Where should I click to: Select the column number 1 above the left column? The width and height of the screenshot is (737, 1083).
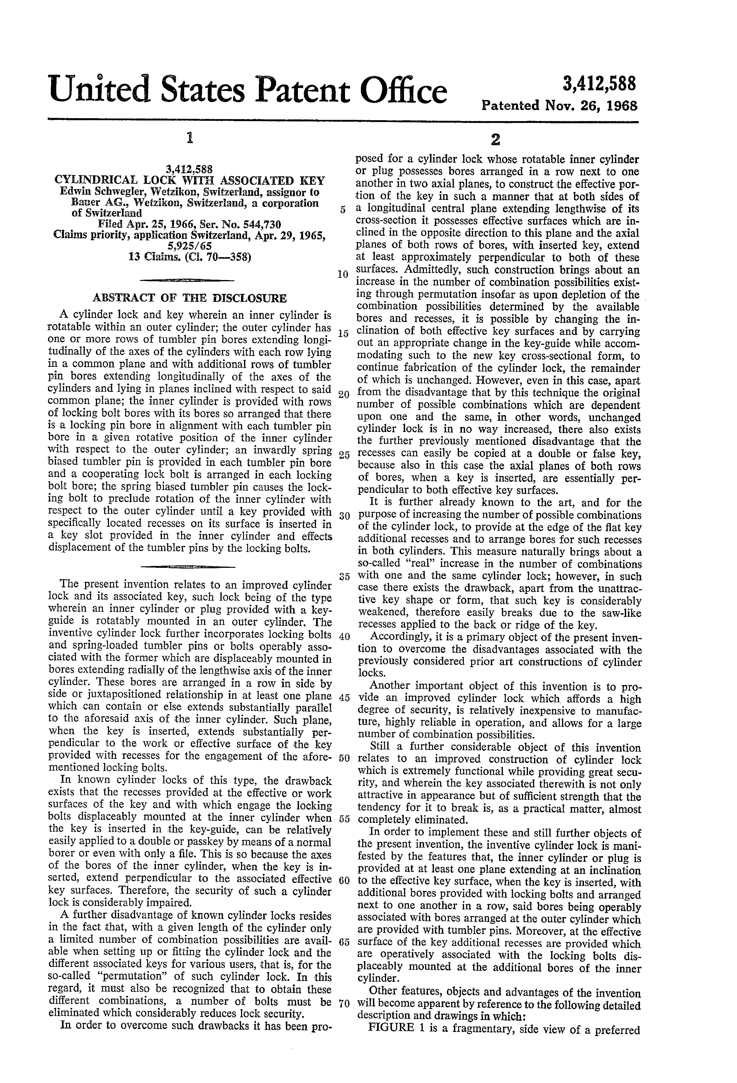coord(189,138)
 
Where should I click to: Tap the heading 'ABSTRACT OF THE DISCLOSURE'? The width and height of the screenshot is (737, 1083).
coord(190,298)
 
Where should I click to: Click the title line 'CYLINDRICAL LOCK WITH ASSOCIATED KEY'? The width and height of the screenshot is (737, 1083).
coord(190,181)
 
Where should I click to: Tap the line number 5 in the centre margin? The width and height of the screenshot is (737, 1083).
coord(342,210)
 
